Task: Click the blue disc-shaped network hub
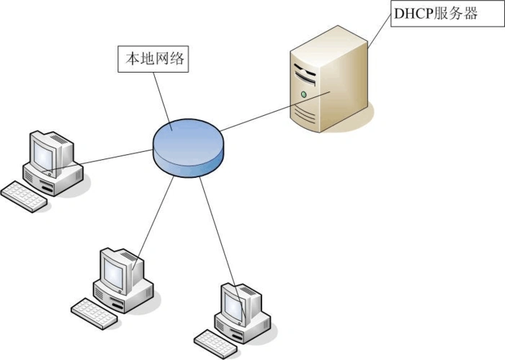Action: (188, 144)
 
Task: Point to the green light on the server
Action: (303, 94)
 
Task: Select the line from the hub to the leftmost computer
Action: (108, 158)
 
